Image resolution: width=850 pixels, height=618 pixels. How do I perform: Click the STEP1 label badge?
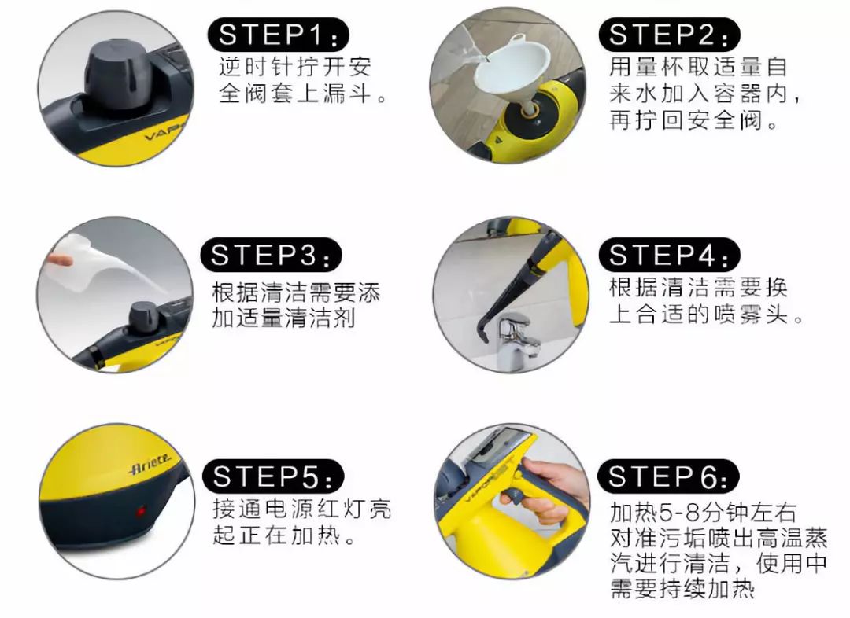click(x=278, y=35)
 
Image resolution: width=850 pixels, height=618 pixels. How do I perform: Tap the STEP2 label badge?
click(x=669, y=35)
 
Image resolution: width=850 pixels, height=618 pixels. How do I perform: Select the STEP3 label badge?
click(x=271, y=255)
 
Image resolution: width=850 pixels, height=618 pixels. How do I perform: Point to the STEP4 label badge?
click(x=669, y=255)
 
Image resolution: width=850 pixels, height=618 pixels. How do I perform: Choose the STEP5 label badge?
click(x=273, y=476)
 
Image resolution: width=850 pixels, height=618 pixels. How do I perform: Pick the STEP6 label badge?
click(x=668, y=476)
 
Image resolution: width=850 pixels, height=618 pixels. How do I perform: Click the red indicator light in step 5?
click(x=140, y=511)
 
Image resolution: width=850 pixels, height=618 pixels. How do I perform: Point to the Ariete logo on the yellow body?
click(x=150, y=465)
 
